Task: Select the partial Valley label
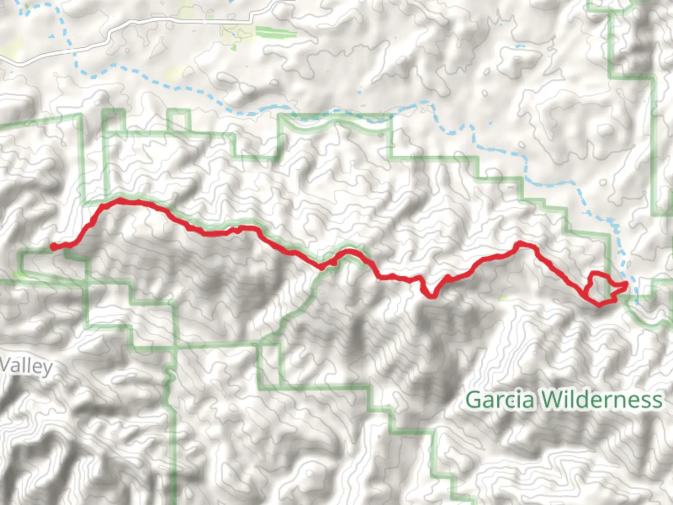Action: pyautogui.click(x=26, y=366)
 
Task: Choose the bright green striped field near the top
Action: pyautogui.click(x=276, y=33)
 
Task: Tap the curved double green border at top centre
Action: pyautogui.click(x=336, y=123)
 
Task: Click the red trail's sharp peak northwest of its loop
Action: pyautogui.click(x=520, y=243)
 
